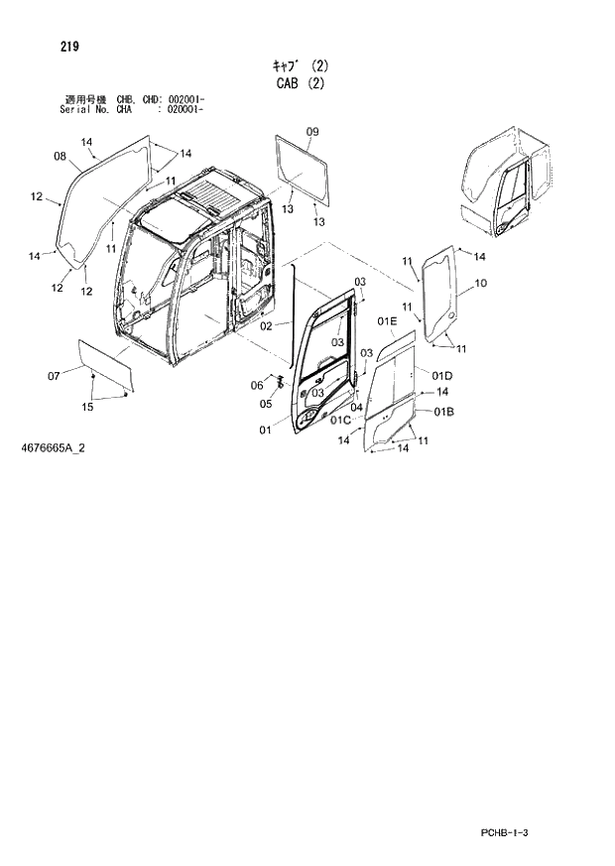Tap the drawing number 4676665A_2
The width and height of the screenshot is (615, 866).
pyautogui.click(x=52, y=448)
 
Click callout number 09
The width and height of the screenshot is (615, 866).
pyautogui.click(x=312, y=132)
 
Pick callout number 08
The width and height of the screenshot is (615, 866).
pyautogui.click(x=60, y=156)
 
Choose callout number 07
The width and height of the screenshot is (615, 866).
pyautogui.click(x=54, y=374)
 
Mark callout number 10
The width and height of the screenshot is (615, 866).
pyautogui.click(x=480, y=284)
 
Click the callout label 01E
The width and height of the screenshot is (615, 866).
pyautogui.click(x=387, y=321)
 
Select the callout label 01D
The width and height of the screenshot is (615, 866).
pyautogui.click(x=442, y=374)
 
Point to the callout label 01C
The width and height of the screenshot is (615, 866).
pyautogui.click(x=340, y=421)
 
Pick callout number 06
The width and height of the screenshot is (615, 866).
pyautogui.click(x=256, y=385)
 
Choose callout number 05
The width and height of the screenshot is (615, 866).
pyautogui.click(x=266, y=404)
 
